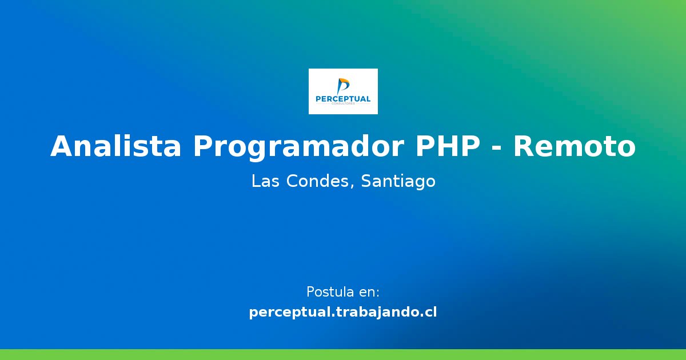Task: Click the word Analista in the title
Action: (116, 147)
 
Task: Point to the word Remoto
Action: (574, 147)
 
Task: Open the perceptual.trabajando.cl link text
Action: (343, 313)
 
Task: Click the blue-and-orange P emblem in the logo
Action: (343, 86)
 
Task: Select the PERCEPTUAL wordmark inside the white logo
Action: (343, 99)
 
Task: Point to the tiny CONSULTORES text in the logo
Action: (343, 104)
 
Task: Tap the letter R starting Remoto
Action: (524, 147)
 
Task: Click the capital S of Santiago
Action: (366, 182)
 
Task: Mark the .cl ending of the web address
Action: (429, 313)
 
